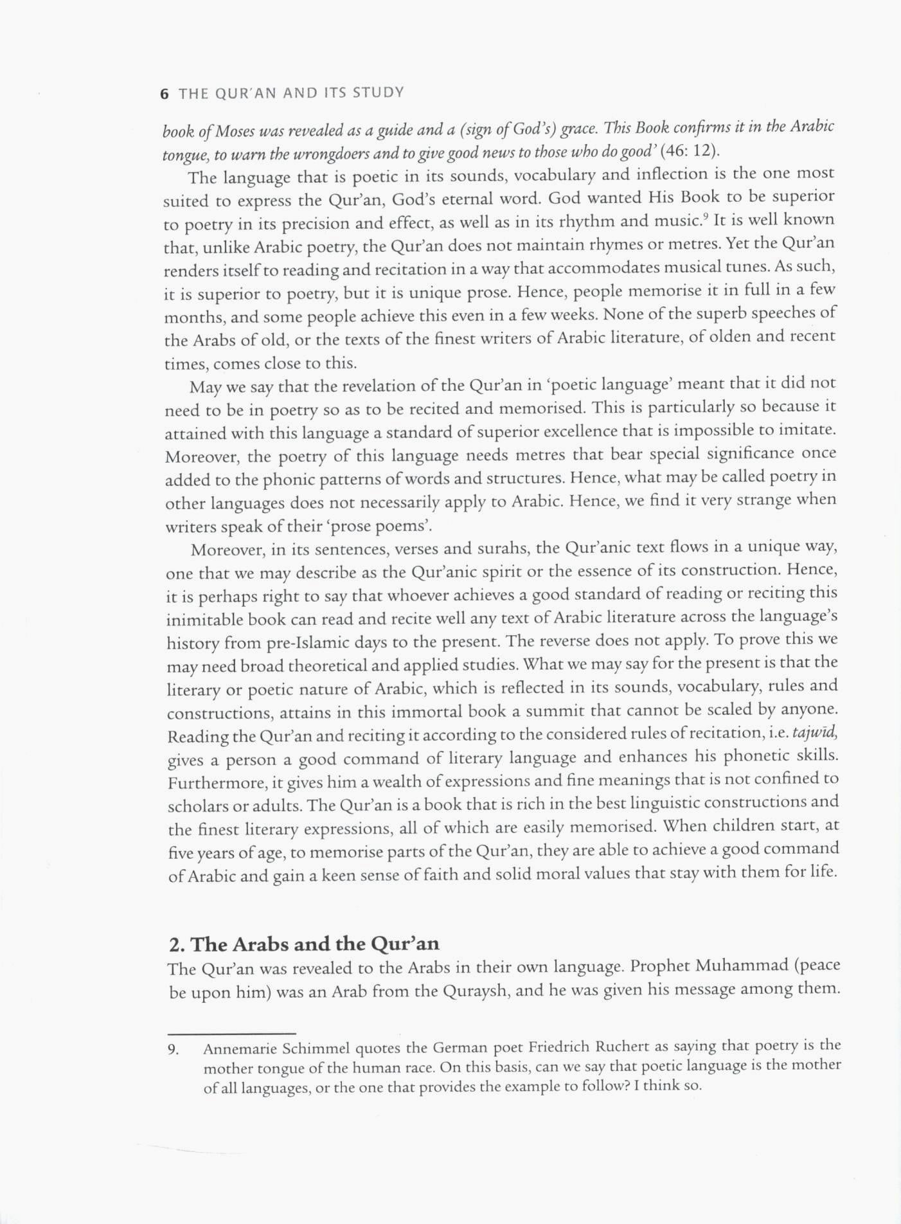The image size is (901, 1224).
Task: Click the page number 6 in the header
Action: pos(165,94)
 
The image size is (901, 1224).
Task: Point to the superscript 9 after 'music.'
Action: pos(705,216)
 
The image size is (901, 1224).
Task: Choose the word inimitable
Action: pos(204,620)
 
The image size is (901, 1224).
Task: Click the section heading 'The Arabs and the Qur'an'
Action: pos(304,944)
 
